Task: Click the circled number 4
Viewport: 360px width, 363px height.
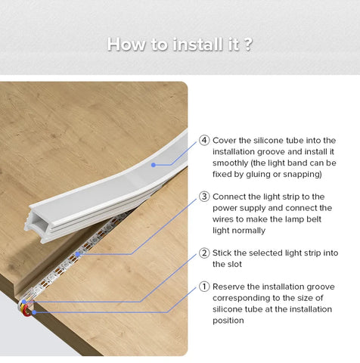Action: [204, 140]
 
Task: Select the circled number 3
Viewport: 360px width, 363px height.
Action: [204, 197]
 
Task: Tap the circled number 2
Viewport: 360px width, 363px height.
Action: [204, 253]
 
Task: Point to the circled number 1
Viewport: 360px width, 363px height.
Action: [204, 287]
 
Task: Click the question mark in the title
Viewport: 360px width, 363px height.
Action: [248, 45]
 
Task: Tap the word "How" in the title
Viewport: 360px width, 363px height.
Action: [126, 45]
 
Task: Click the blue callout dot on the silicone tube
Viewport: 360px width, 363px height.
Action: [154, 165]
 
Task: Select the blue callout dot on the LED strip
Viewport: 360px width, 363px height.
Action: [78, 254]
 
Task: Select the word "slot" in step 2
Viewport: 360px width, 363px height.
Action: [234, 264]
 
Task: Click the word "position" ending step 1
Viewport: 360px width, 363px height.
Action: [228, 321]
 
